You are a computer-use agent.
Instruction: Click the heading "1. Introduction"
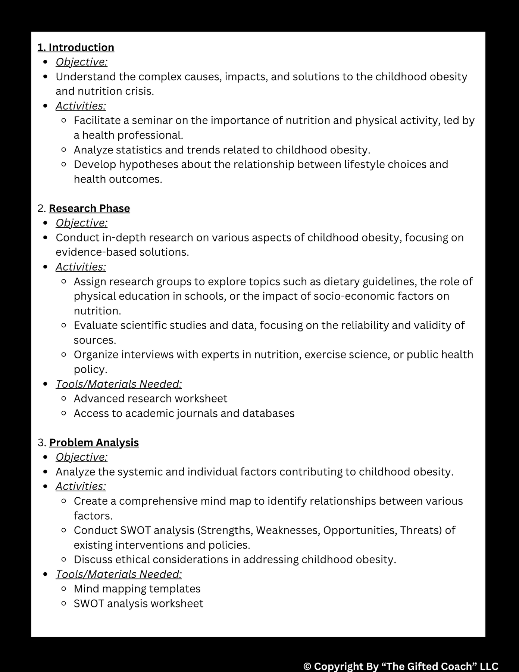pyautogui.click(x=76, y=47)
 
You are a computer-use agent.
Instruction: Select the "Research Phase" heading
pyautogui.click(x=89, y=208)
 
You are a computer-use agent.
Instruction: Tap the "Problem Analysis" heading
pyautogui.click(x=94, y=442)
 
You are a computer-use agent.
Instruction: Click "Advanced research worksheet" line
pyautogui.click(x=150, y=399)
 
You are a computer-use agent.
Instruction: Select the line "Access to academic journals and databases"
pyautogui.click(x=184, y=414)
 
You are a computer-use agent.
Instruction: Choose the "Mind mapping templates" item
pyautogui.click(x=137, y=589)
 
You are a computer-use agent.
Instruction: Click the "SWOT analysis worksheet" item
pyautogui.click(x=138, y=604)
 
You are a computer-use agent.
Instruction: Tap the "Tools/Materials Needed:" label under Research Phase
pyautogui.click(x=119, y=384)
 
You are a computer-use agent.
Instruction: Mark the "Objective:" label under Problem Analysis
pyautogui.click(x=81, y=457)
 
